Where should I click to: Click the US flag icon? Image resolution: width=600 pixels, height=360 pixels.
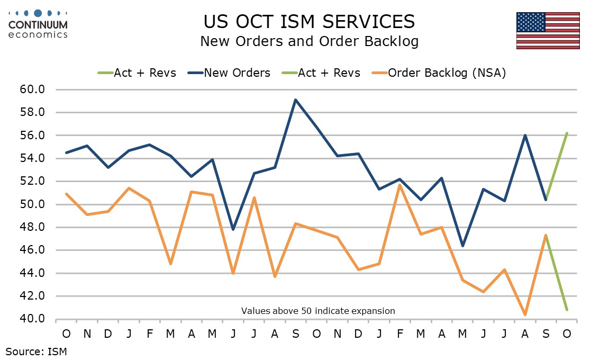click(548, 30)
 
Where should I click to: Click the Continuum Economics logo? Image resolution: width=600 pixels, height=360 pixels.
click(38, 24)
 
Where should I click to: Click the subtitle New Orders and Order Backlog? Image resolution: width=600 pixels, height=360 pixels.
click(309, 42)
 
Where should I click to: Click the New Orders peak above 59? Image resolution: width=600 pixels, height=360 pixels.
click(295, 100)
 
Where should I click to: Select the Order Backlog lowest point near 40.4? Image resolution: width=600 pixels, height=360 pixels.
click(525, 314)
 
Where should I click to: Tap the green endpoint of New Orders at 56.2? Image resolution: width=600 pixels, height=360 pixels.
click(567, 133)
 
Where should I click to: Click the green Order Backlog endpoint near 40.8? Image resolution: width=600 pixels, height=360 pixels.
click(567, 310)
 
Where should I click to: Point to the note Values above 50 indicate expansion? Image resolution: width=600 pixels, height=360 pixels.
click(318, 311)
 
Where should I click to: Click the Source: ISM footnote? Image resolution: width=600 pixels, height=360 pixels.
click(37, 350)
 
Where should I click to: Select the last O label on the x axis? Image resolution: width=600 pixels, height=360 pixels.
click(567, 334)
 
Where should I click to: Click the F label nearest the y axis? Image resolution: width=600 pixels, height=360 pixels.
click(149, 334)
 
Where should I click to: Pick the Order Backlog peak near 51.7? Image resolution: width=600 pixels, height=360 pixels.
click(399, 185)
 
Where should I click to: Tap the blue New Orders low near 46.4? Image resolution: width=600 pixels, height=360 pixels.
click(462, 246)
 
